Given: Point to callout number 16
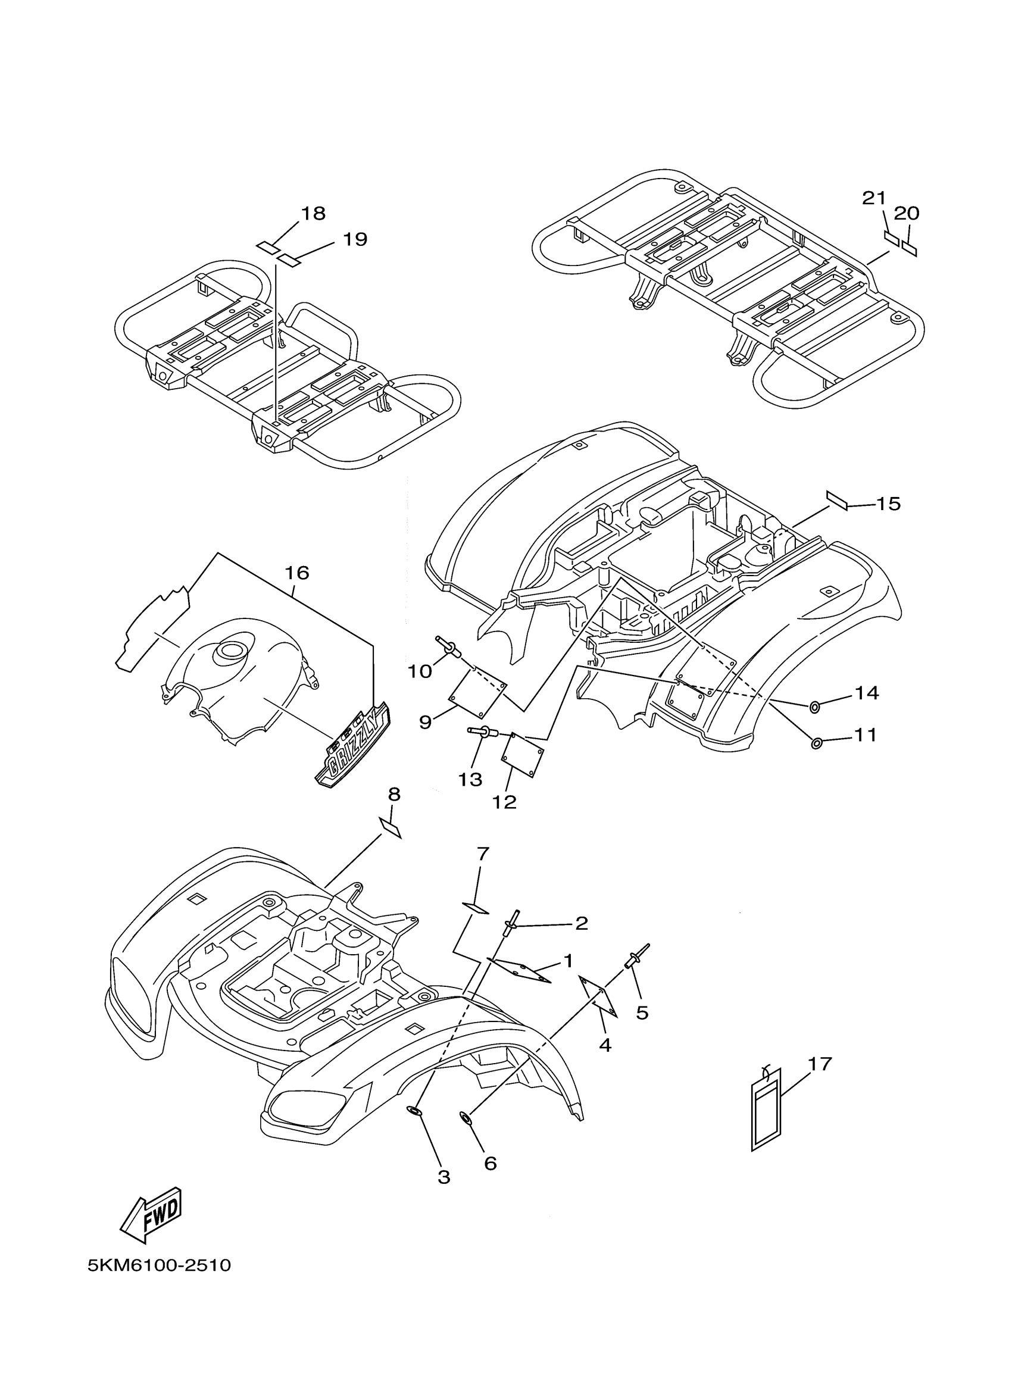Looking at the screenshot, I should coord(296,573).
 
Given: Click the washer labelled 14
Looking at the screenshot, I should coord(814,707).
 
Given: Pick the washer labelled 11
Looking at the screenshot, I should coord(817,744).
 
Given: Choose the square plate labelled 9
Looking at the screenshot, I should coord(479,693).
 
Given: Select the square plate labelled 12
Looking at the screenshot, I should coord(523,755).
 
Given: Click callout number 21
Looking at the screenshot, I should coord(873,198).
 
